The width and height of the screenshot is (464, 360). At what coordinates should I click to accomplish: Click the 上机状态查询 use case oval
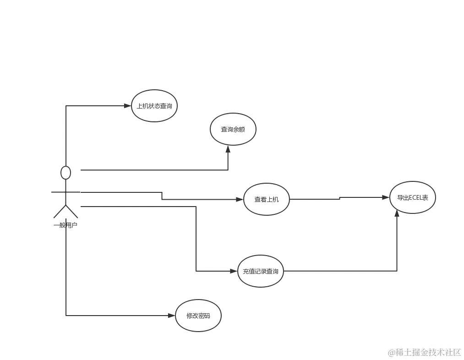pyautogui.click(x=154, y=106)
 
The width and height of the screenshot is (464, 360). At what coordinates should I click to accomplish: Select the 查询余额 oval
pyautogui.click(x=233, y=129)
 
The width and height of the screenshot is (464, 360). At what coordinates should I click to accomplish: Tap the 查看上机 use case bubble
pyautogui.click(x=266, y=199)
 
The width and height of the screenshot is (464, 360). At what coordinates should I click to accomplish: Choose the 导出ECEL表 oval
pyautogui.click(x=412, y=198)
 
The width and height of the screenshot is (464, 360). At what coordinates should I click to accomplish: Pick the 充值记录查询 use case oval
pyautogui.click(x=261, y=271)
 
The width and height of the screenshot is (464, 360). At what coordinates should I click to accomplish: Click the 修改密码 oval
pyautogui.click(x=198, y=316)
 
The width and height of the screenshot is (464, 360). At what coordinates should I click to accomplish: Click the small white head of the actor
pyautogui.click(x=66, y=173)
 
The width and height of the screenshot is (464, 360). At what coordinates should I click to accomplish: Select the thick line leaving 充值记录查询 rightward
pyautogui.click(x=339, y=271)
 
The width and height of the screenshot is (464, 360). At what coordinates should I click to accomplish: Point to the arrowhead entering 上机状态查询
pyautogui.click(x=126, y=106)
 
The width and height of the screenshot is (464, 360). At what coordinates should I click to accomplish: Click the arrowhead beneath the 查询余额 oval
pyautogui.click(x=227, y=149)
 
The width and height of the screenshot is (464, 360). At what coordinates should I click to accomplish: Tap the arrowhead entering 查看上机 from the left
pyautogui.click(x=238, y=199)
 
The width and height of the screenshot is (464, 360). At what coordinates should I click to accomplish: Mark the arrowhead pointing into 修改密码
pyautogui.click(x=170, y=316)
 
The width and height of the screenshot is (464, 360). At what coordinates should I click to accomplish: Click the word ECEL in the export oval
pyautogui.click(x=415, y=198)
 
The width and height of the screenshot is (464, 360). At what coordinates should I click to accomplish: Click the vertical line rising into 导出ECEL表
pyautogui.click(x=397, y=243)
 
